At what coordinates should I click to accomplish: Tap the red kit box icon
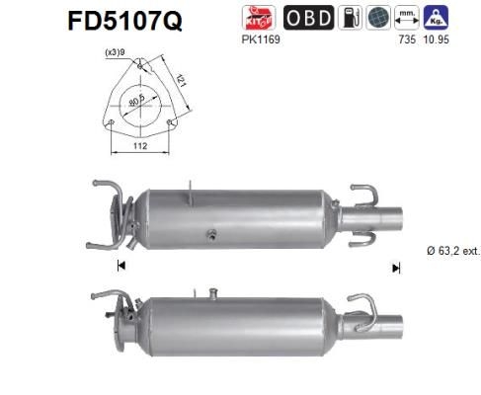[259, 19]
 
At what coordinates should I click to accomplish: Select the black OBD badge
[307, 19]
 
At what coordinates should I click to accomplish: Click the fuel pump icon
[350, 19]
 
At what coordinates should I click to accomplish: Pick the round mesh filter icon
[376, 19]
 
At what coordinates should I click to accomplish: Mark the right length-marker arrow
[396, 267]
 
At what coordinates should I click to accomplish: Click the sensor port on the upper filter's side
[210, 234]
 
